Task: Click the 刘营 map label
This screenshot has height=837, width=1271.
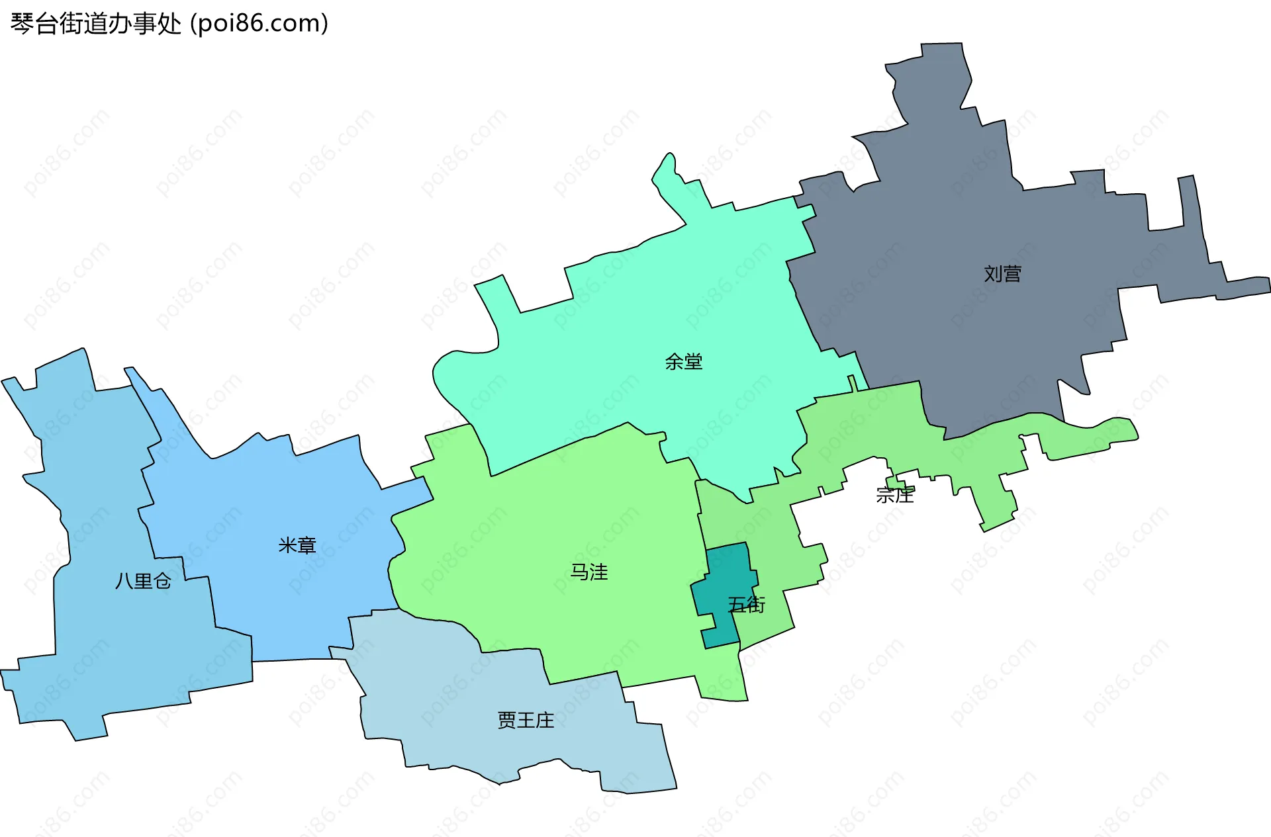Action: (x=1002, y=274)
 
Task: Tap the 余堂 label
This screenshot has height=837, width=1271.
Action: (x=683, y=362)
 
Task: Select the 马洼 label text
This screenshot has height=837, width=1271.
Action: (x=588, y=572)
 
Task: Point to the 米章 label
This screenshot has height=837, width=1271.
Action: (x=297, y=545)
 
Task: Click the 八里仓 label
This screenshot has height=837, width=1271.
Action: (x=143, y=581)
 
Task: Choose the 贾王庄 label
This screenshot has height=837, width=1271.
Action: (x=526, y=720)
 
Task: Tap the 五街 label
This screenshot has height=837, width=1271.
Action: (x=746, y=605)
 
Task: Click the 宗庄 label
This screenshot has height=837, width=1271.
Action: (x=894, y=495)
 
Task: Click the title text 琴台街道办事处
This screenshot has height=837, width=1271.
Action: (x=96, y=24)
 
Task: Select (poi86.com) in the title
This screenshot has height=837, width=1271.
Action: (x=259, y=24)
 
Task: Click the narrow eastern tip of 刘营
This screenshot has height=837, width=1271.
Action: (x=1251, y=285)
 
